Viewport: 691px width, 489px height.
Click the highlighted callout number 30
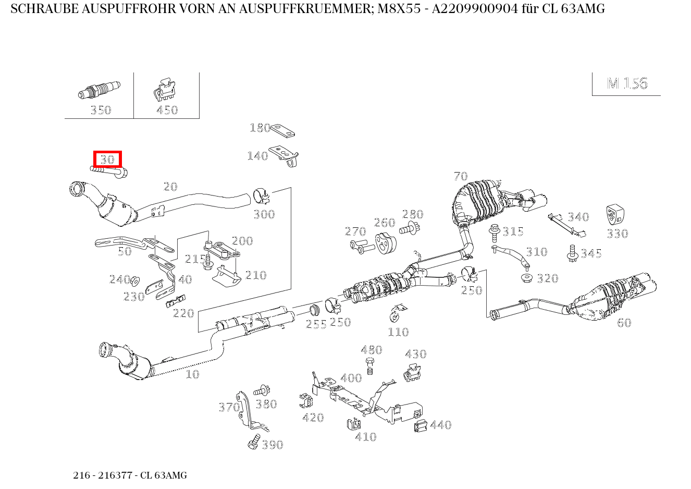click(107, 160)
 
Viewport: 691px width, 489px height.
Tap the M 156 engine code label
click(627, 83)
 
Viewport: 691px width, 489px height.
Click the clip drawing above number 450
click(166, 91)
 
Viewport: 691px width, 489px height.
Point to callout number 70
click(461, 176)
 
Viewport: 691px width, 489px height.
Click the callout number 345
click(591, 253)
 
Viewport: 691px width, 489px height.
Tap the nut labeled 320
click(527, 277)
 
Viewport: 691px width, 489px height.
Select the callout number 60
click(624, 323)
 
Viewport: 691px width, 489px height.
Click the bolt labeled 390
click(254, 441)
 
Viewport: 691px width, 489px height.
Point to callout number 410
click(365, 437)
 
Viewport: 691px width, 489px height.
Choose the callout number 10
click(192, 374)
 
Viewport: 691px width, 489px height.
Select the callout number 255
click(316, 324)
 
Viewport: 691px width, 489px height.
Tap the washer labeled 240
click(134, 280)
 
